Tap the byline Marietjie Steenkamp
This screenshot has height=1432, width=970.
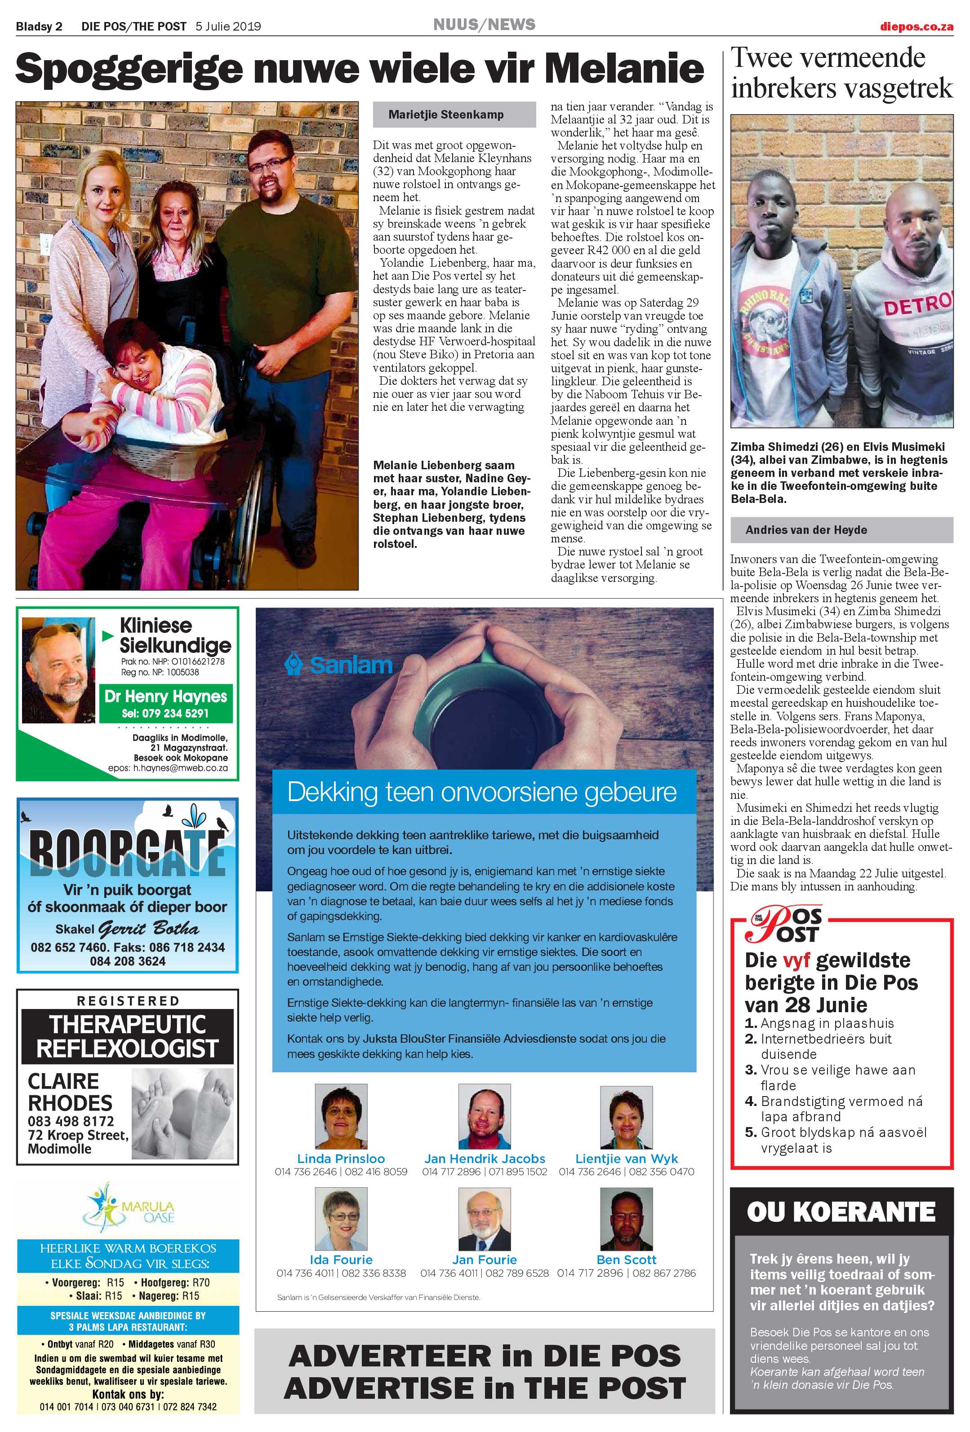(445, 115)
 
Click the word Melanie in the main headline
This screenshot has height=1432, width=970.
(623, 69)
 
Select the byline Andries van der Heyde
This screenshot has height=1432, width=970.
(805, 530)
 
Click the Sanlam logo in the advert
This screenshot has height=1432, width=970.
(339, 665)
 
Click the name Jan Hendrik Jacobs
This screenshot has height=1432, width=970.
(484, 1159)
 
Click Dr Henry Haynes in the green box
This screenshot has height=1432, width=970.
(166, 697)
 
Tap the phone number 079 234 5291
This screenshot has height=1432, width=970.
(165, 714)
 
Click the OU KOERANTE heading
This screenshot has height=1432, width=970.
(841, 1212)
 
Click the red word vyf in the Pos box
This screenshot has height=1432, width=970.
(796, 961)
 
